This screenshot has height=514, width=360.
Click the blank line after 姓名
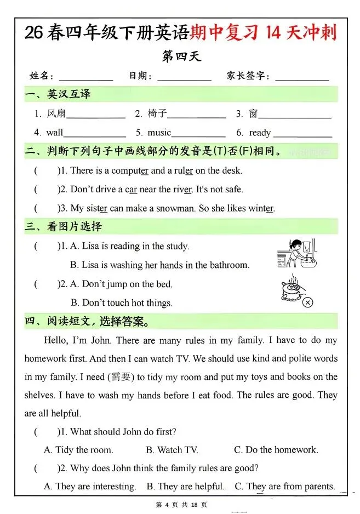[x=85, y=78]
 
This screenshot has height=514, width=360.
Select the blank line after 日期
[x=184, y=78]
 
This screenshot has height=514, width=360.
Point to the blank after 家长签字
[x=302, y=78]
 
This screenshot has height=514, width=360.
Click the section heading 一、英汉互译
[x=58, y=94]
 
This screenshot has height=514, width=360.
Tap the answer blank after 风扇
[x=96, y=116]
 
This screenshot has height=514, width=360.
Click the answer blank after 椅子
[x=197, y=116]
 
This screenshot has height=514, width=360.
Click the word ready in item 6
[x=260, y=133]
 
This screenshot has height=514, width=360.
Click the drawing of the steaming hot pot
[x=291, y=288]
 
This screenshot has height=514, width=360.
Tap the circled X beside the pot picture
[x=308, y=302]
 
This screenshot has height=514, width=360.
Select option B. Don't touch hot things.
[x=121, y=302]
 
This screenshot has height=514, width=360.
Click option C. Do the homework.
[x=276, y=450]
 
